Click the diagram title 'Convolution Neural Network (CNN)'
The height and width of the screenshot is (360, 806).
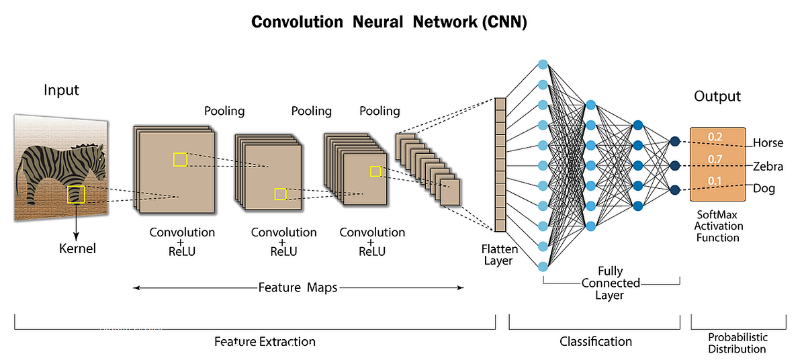389,21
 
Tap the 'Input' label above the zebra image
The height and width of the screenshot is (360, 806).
61,90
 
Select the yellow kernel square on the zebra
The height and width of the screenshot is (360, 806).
76,194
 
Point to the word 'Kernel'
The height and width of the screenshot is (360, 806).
77,249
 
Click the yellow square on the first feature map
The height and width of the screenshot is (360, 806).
180,159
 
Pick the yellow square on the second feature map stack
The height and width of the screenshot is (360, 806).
280,194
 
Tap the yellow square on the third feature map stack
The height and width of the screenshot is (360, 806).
375,172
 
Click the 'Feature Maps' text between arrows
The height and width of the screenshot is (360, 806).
298,287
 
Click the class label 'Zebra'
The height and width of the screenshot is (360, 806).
768,166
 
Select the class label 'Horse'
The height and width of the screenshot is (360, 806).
768,143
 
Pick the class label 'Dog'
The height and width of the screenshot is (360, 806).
764,189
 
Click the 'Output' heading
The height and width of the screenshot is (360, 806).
717,97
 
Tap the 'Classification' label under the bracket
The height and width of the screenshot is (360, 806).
596,341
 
